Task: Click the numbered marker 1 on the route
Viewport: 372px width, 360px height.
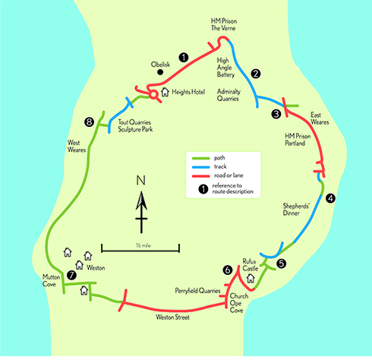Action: [x=184, y=58]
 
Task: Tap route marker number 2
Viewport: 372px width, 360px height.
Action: [x=256, y=74]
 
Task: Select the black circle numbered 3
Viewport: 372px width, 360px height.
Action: [x=276, y=114]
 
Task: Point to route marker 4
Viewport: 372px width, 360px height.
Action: [x=330, y=198]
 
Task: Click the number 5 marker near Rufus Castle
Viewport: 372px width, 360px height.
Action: [x=282, y=264]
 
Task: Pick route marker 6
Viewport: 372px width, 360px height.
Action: [x=228, y=270]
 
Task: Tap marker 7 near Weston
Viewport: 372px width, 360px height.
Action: [x=71, y=275]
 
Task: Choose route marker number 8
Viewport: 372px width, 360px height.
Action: [x=89, y=122]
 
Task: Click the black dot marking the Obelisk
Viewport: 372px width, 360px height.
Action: [x=160, y=72]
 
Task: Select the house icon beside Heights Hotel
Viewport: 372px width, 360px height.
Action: [x=165, y=92]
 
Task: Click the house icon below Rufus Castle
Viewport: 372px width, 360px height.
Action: [x=251, y=279]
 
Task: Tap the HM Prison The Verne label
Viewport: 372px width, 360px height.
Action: [x=224, y=24]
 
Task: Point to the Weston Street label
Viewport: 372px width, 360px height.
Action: [x=172, y=317]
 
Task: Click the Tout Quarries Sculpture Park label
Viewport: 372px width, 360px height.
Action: [x=135, y=126]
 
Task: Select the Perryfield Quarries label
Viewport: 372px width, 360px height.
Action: [x=197, y=291]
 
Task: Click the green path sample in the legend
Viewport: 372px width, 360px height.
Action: [x=201, y=159]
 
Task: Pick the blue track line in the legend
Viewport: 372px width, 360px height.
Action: [x=201, y=167]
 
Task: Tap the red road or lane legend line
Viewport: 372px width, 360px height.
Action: [x=201, y=176]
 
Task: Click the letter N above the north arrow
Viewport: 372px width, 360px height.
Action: [x=141, y=180]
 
